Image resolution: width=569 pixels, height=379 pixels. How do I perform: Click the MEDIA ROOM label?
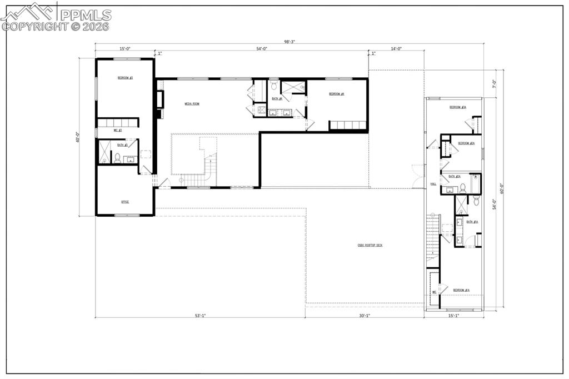click(192, 104)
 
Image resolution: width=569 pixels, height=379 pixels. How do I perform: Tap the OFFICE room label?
click(125, 202)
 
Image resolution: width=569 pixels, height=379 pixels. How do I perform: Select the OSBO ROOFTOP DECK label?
click(370, 245)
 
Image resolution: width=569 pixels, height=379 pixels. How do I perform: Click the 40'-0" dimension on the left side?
click(78, 137)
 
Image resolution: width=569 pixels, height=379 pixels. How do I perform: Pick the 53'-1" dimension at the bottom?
click(200, 316)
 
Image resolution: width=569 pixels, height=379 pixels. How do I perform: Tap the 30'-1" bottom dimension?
click(365, 316)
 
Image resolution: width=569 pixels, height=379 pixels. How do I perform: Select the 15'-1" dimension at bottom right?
click(454, 316)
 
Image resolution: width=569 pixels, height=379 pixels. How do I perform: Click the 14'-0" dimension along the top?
click(396, 49)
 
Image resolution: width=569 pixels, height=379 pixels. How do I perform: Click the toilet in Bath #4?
click(274, 86)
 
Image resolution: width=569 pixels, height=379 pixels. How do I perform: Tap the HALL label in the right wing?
click(433, 184)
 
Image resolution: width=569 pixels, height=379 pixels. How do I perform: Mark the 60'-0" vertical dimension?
click(502, 188)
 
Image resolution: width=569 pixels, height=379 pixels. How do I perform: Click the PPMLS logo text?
click(86, 15)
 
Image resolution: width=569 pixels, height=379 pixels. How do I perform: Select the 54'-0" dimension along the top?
click(262, 49)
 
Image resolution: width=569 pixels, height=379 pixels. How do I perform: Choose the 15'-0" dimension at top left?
click(124, 49)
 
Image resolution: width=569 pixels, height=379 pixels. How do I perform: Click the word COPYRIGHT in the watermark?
click(34, 26)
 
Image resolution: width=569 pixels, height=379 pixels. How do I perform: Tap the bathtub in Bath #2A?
click(476, 183)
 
